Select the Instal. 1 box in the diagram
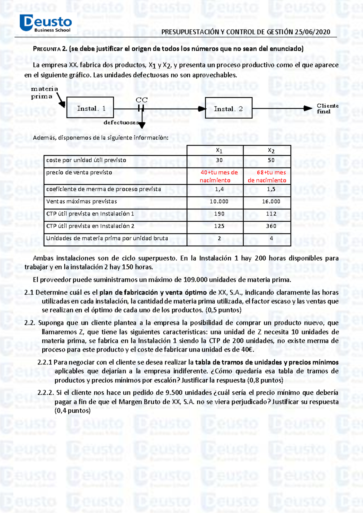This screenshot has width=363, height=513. (x=90, y=107)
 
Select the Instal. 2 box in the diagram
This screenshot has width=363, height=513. (x=228, y=108)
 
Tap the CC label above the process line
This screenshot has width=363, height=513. (x=141, y=100)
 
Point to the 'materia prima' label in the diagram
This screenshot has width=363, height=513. (x=44, y=92)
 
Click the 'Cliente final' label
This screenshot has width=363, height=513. (x=327, y=108)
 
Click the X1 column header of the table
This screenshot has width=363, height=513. (x=219, y=150)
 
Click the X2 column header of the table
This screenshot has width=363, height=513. (x=271, y=150)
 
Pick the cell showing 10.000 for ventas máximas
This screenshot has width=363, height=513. (x=219, y=201)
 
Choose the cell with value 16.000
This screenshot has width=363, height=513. (x=271, y=201)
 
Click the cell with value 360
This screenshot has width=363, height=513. (x=271, y=226)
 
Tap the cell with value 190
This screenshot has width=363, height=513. (x=219, y=214)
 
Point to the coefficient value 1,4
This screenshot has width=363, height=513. (x=219, y=189)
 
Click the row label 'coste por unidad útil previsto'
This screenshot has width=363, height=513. (x=86, y=160)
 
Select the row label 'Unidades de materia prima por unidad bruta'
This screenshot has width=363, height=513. (x=107, y=238)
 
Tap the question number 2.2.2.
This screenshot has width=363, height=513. (x=46, y=393)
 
